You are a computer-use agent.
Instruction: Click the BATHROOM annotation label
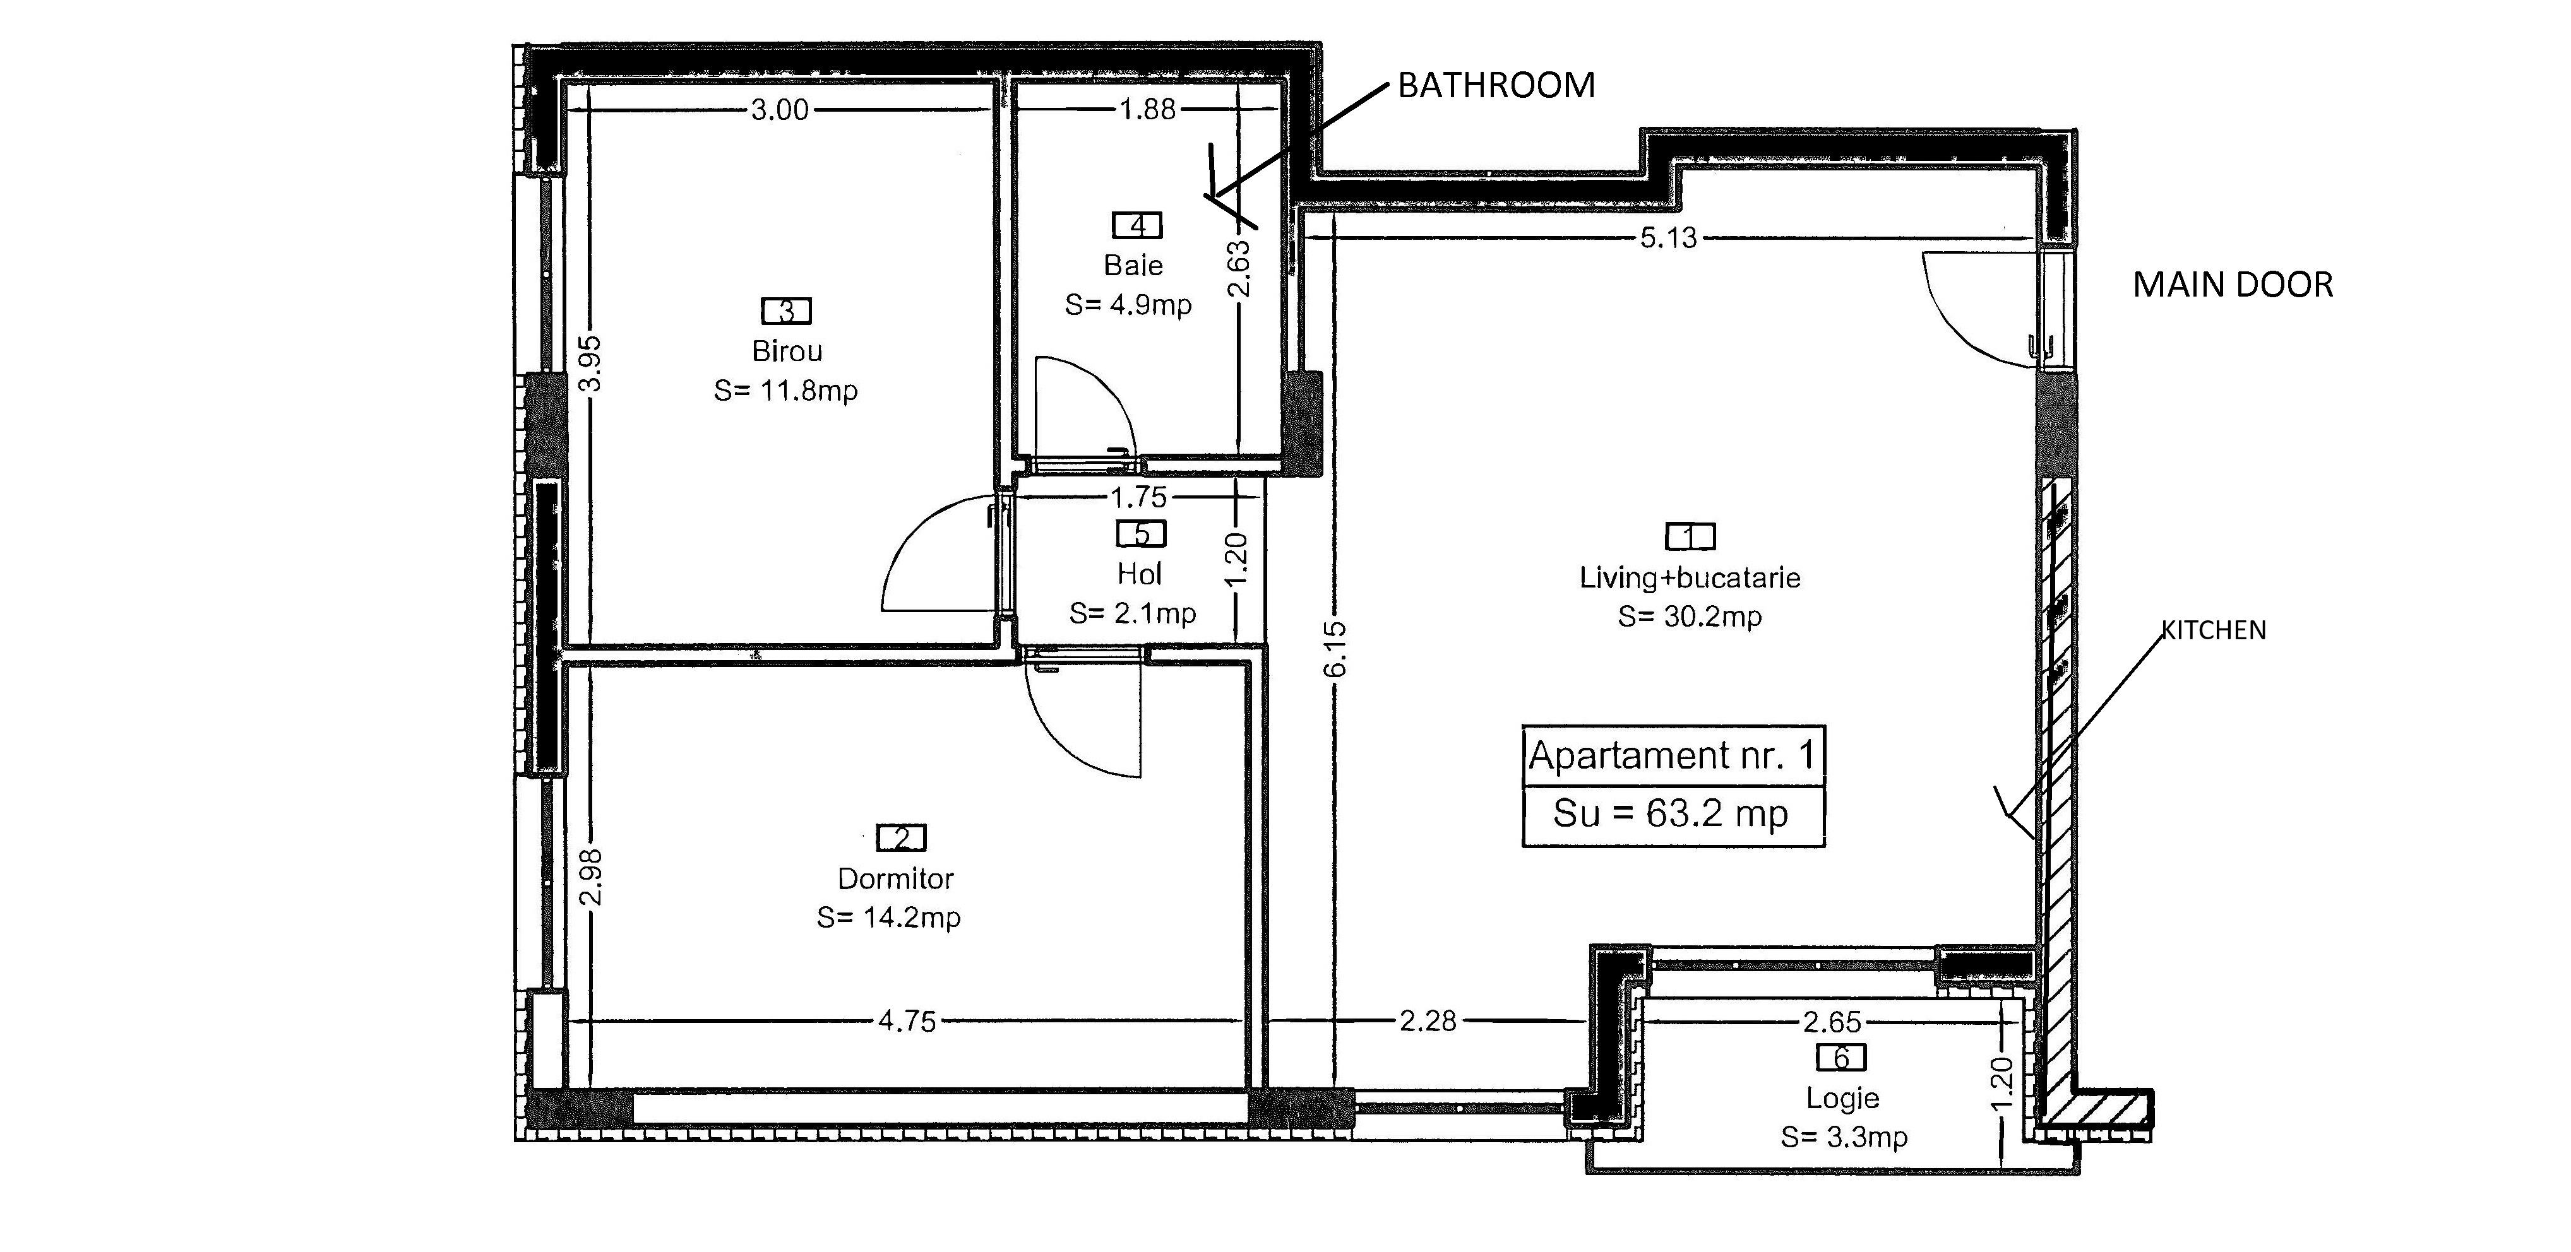click(x=1496, y=86)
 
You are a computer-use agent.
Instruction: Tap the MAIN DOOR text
click(x=2233, y=285)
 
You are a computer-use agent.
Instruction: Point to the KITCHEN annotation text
click(x=2214, y=630)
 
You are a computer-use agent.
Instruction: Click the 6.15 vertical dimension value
click(x=1335, y=649)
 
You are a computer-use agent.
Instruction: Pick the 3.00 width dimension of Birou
click(x=780, y=110)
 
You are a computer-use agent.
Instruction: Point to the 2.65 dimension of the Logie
click(x=1832, y=1022)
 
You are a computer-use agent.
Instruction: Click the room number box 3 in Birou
click(x=787, y=311)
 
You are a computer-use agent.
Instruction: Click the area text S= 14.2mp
click(x=888, y=917)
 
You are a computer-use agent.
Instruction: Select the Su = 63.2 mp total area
click(x=1671, y=814)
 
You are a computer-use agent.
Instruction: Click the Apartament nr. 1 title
click(x=1672, y=755)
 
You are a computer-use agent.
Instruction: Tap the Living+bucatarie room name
click(x=1690, y=577)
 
